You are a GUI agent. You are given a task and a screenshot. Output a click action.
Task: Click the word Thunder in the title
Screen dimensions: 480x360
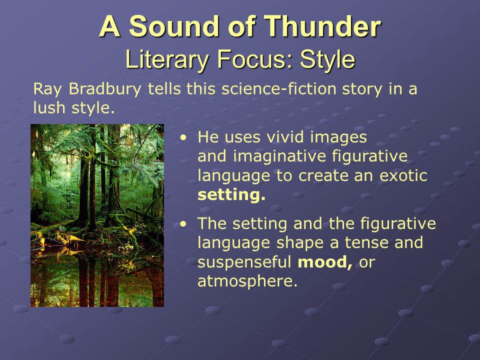click(322, 26)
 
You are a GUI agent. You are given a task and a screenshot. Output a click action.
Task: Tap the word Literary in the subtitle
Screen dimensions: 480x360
click(167, 59)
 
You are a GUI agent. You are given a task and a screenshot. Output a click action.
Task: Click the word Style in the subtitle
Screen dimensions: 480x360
click(327, 59)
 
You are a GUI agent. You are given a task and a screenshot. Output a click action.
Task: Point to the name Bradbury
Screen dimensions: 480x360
click(105, 89)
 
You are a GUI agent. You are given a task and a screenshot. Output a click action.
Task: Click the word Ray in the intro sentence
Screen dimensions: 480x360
click(47, 89)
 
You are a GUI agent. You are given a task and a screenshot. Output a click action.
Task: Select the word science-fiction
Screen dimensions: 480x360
click(279, 89)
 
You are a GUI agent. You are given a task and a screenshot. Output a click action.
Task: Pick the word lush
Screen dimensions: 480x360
click(49, 108)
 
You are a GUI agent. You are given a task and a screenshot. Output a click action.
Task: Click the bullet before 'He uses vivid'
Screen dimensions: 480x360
click(183, 137)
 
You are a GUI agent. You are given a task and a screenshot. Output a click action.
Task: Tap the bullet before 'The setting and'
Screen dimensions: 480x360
click(183, 224)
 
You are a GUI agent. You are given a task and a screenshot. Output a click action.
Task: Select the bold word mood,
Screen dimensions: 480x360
click(325, 262)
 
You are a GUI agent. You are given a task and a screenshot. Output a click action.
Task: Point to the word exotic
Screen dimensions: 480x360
click(403, 175)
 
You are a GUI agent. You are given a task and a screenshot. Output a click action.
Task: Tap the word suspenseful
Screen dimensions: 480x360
click(244, 262)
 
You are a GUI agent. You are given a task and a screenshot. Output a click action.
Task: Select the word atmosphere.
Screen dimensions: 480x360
click(247, 281)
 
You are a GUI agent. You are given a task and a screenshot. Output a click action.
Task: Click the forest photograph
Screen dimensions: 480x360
click(97, 215)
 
